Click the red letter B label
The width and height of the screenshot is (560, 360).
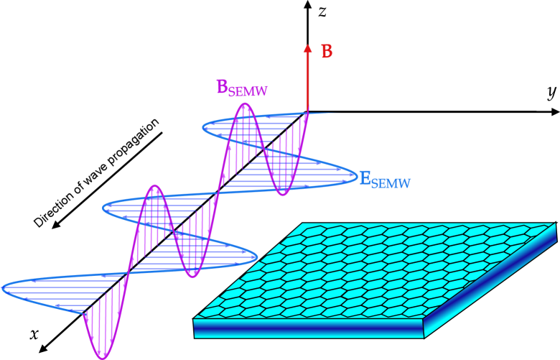pos(327,52)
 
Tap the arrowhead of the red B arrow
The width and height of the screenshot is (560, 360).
pos(307,49)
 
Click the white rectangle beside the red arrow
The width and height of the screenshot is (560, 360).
pos(404,88)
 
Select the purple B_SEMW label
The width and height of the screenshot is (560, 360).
pos(241,88)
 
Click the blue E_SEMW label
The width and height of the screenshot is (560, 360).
pos(384,180)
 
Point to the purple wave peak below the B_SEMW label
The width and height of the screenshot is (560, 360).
pos(246,105)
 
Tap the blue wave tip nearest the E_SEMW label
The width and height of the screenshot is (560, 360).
pos(355,175)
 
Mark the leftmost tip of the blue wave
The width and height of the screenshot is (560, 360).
pos(4,288)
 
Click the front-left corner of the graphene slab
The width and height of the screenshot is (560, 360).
pos(195,319)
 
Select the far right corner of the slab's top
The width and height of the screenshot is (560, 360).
pos(555,223)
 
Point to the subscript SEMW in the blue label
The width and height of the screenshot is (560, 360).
pos(391,184)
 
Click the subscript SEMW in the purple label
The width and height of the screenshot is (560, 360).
pos(248,92)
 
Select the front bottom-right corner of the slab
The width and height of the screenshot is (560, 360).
pos(424,337)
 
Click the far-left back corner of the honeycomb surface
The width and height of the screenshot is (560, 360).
pos(303,223)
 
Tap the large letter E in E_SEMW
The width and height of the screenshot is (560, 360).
pos(365,177)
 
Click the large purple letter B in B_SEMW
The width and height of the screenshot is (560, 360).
pos(223,87)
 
